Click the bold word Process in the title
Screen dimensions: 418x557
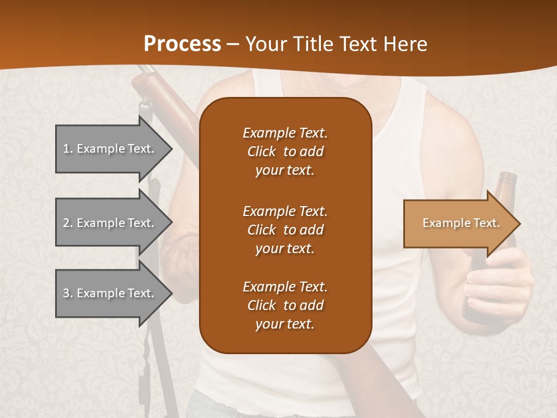(182, 44)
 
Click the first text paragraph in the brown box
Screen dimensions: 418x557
(285, 152)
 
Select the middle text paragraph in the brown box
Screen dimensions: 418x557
(285, 230)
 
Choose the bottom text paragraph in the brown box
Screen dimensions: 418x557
(285, 305)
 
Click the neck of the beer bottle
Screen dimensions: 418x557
(507, 183)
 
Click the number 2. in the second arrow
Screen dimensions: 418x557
(67, 223)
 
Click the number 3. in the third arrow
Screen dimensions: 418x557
(67, 293)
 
